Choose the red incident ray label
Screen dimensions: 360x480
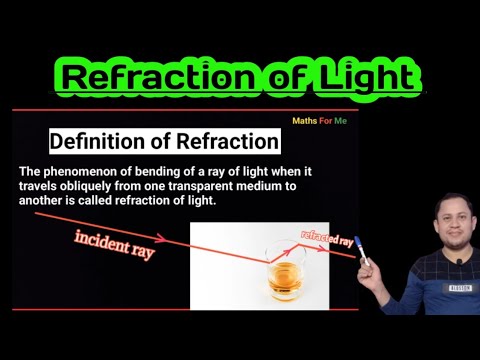[x=114, y=244]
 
